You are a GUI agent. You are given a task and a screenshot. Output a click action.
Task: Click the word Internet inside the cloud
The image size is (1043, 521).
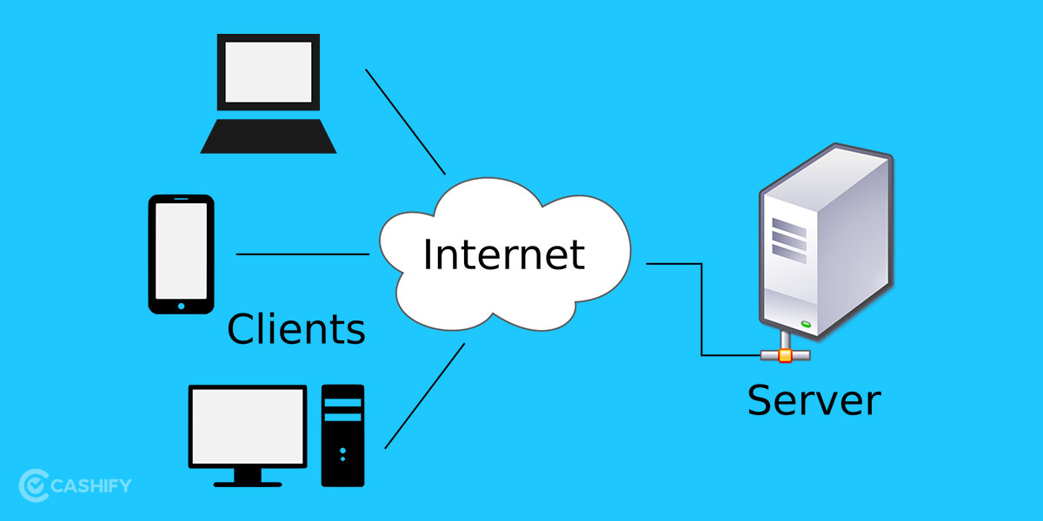(504, 254)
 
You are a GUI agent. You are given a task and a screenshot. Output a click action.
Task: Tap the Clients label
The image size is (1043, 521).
(296, 329)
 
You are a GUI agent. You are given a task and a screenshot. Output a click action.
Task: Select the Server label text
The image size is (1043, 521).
(814, 400)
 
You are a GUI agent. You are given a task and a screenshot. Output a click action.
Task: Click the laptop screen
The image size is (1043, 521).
(268, 72)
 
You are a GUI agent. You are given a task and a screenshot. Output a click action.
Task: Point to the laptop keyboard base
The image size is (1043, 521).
(268, 137)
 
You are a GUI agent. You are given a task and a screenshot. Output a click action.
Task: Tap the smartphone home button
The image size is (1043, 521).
(181, 306)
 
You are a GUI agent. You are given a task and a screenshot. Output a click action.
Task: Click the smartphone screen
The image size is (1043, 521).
(181, 250)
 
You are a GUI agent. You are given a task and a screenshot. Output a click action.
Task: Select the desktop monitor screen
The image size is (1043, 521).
(248, 426)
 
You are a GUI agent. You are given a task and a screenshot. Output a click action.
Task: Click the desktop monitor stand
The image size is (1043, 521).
(248, 476)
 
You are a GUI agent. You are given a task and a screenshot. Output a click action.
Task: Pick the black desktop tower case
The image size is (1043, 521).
(342, 434)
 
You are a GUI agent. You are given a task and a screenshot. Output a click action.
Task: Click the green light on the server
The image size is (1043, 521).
(805, 325)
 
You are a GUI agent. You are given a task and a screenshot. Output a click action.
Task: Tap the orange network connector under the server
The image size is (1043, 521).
(785, 355)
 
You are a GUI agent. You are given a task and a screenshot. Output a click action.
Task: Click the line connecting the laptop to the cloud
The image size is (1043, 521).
(405, 121)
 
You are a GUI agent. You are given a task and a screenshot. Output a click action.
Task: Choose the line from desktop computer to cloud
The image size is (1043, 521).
(424, 396)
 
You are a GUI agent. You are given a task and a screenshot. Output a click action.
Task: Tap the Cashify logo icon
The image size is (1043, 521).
(33, 485)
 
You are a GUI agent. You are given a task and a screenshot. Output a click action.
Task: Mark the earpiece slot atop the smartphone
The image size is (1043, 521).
(181, 200)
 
